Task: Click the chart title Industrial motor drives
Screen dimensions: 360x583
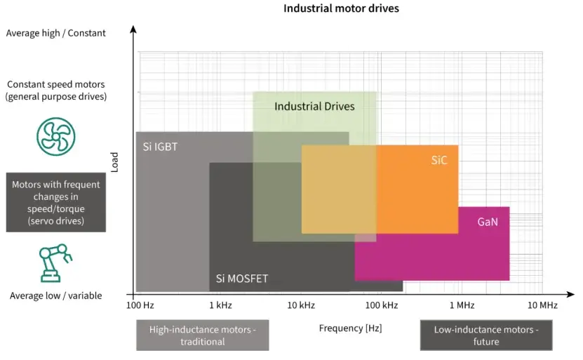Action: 341,9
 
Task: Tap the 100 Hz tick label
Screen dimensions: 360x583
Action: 140,305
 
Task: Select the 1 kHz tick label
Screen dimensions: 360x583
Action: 220,305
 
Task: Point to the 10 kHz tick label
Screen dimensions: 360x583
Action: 301,305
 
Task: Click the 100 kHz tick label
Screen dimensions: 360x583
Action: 382,305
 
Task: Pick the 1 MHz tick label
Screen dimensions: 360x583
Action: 462,305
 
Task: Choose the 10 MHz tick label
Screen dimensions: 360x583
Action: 542,305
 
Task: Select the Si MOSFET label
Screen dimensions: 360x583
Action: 242,279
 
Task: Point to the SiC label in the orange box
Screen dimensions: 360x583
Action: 439,160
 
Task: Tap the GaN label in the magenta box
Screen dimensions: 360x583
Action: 488,222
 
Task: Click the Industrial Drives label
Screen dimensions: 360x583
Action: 314,107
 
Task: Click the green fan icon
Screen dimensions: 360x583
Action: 55,137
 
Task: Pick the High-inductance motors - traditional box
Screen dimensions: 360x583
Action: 202,335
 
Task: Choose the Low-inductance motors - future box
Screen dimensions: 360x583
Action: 485,335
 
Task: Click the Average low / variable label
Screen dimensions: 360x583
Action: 55,295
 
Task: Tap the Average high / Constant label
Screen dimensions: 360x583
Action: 55,33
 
